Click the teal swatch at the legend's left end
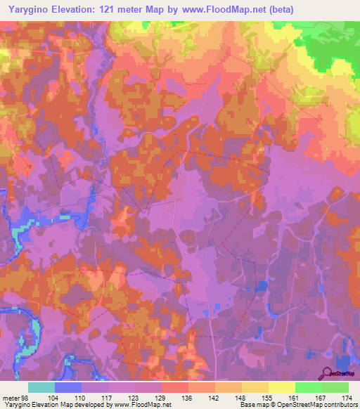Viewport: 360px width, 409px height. click(x=41, y=387)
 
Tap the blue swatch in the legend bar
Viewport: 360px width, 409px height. click(x=68, y=387)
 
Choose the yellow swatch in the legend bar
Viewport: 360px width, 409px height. click(x=281, y=387)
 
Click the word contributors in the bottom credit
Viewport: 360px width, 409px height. click(x=339, y=405)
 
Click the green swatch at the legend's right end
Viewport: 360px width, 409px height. click(x=335, y=387)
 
